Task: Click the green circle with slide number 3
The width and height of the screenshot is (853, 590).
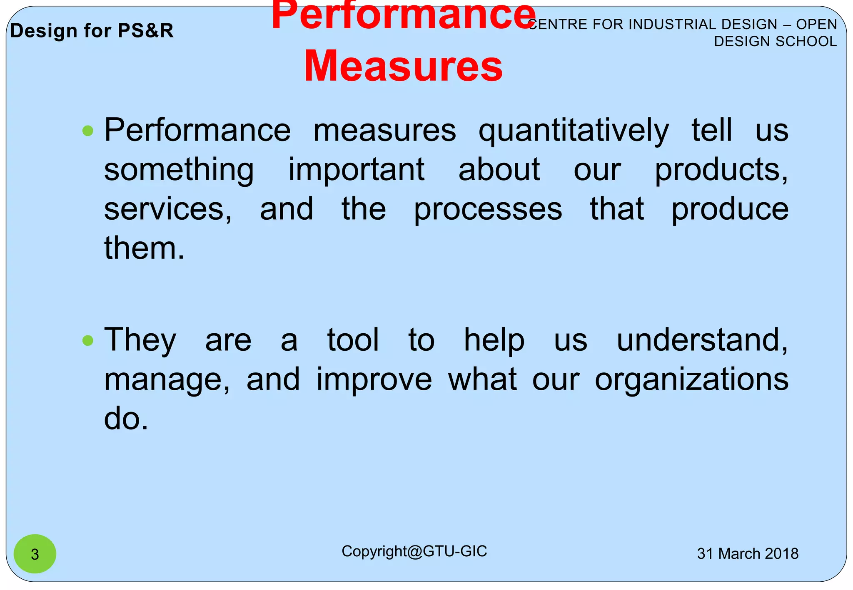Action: click(35, 554)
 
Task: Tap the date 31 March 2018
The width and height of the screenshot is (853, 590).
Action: click(748, 554)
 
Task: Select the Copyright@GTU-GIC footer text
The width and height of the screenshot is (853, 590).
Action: click(414, 551)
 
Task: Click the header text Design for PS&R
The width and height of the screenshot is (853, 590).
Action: click(92, 31)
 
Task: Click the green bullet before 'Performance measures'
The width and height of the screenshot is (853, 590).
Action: click(88, 131)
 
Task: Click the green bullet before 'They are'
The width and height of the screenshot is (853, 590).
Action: click(88, 341)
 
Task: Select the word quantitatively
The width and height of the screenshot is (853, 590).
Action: click(574, 131)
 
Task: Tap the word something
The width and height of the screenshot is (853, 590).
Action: click(179, 170)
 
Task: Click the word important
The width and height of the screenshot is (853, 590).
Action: click(357, 170)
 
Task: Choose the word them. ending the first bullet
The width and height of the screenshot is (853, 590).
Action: click(144, 248)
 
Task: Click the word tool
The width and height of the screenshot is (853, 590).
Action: click(353, 340)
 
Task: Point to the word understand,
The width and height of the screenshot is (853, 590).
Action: click(702, 340)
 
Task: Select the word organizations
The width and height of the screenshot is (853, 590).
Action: click(691, 379)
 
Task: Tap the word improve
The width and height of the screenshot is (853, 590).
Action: click(374, 379)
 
